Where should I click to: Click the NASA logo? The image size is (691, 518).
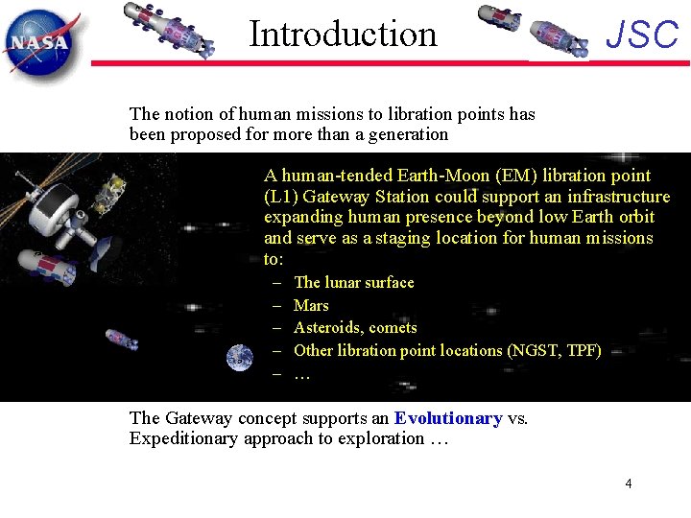pos(39,41)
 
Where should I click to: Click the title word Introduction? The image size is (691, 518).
pos(343,35)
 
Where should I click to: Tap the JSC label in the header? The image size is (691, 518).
pos(642,35)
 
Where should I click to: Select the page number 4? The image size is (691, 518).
pos(629,483)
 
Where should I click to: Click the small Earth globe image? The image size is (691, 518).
pos(240,358)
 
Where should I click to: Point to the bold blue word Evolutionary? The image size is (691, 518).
pos(448,418)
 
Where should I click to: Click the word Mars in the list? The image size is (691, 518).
pos(311,305)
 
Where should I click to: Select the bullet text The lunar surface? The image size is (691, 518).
pos(354,282)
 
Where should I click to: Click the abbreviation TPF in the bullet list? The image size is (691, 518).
pos(580,350)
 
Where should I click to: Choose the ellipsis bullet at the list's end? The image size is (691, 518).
pos(302,374)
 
